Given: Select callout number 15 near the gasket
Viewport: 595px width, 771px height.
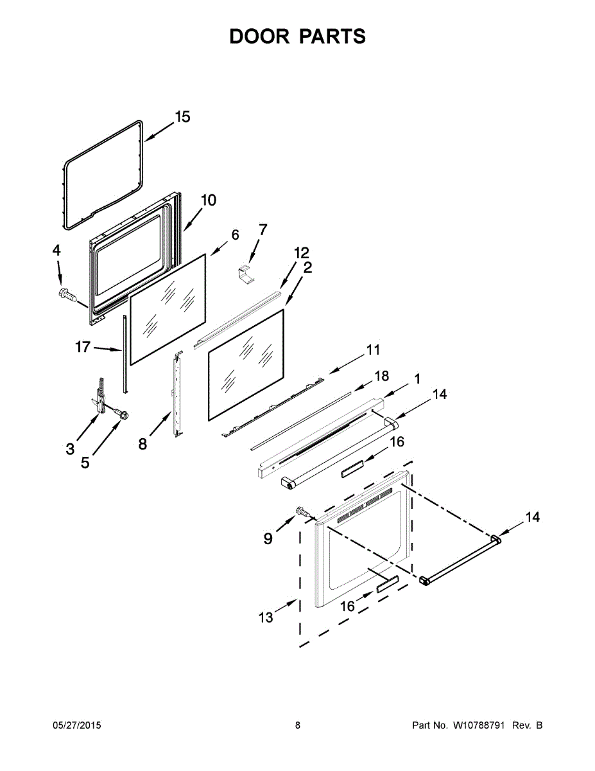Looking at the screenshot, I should click(x=182, y=117).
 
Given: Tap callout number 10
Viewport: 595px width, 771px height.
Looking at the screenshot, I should click(x=208, y=200).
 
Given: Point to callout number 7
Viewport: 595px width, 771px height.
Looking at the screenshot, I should click(x=263, y=229).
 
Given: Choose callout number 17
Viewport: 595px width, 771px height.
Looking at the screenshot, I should click(x=83, y=348).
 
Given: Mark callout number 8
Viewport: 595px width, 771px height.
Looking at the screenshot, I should click(x=142, y=443).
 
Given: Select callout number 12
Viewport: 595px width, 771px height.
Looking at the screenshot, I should click(x=302, y=252).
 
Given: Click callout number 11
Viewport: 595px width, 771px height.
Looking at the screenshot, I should click(x=373, y=350).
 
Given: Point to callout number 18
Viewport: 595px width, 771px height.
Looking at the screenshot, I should click(x=381, y=375).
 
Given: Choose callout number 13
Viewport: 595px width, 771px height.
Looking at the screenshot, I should click(x=266, y=617).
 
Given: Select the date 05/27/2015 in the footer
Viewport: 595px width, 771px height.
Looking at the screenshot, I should click(x=76, y=725).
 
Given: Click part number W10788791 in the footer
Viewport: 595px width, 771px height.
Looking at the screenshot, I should click(x=480, y=725).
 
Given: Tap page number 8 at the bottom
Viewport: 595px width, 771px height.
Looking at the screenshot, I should click(x=297, y=725).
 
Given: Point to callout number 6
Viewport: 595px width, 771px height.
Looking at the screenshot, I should click(x=235, y=235).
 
